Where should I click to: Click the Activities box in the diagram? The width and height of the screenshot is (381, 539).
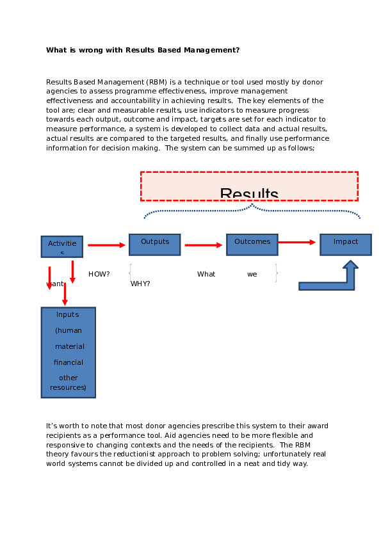62,246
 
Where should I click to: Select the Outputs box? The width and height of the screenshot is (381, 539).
155,244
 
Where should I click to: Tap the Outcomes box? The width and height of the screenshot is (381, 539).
252,244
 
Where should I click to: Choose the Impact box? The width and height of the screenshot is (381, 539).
346,244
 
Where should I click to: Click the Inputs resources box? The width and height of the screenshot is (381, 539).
69,352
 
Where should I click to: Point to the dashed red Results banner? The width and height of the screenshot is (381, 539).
249,186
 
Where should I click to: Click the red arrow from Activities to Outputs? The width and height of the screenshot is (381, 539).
106,245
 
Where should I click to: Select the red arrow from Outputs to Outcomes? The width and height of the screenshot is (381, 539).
203,245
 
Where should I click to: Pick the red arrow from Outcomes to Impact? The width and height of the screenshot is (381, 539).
297,242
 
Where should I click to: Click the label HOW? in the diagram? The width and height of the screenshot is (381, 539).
99,274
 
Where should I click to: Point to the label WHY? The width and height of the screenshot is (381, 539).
140,284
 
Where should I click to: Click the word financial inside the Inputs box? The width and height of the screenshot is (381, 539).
69,362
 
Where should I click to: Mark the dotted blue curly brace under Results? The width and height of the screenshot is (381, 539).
252,210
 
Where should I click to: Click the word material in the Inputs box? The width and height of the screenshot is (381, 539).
69,346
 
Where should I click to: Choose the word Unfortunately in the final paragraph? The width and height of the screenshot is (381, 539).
286,453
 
